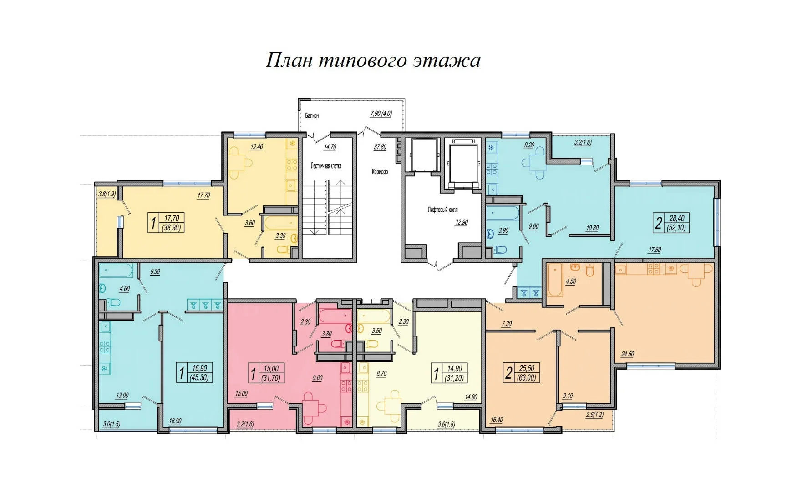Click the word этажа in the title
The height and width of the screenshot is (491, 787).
click(447, 60)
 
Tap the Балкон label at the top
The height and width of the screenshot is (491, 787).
click(312, 116)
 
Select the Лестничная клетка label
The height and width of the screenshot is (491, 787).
click(326, 166)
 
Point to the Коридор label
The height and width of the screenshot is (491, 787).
click(380, 172)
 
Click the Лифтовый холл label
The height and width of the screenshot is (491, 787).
click(443, 210)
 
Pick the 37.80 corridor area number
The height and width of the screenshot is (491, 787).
click(380, 147)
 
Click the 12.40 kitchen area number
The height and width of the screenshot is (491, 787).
click(257, 147)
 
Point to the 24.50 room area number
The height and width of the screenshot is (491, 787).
click(628, 354)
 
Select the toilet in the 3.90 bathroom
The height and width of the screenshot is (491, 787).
click(500, 250)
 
